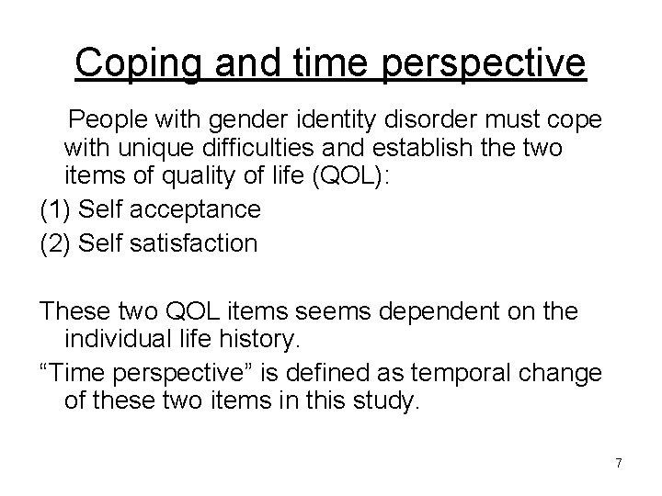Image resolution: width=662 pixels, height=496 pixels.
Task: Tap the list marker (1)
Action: (56, 209)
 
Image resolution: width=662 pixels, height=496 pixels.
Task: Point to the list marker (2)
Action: (56, 243)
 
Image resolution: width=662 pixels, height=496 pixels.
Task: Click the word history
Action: (259, 342)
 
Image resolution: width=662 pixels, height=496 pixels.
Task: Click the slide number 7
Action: (618, 464)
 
